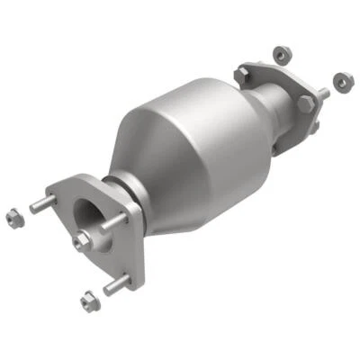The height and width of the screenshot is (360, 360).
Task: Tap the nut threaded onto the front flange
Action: point(82,239)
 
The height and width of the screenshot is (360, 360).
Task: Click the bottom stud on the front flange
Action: point(116,285)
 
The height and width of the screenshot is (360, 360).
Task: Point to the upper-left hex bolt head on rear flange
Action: point(242,69)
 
